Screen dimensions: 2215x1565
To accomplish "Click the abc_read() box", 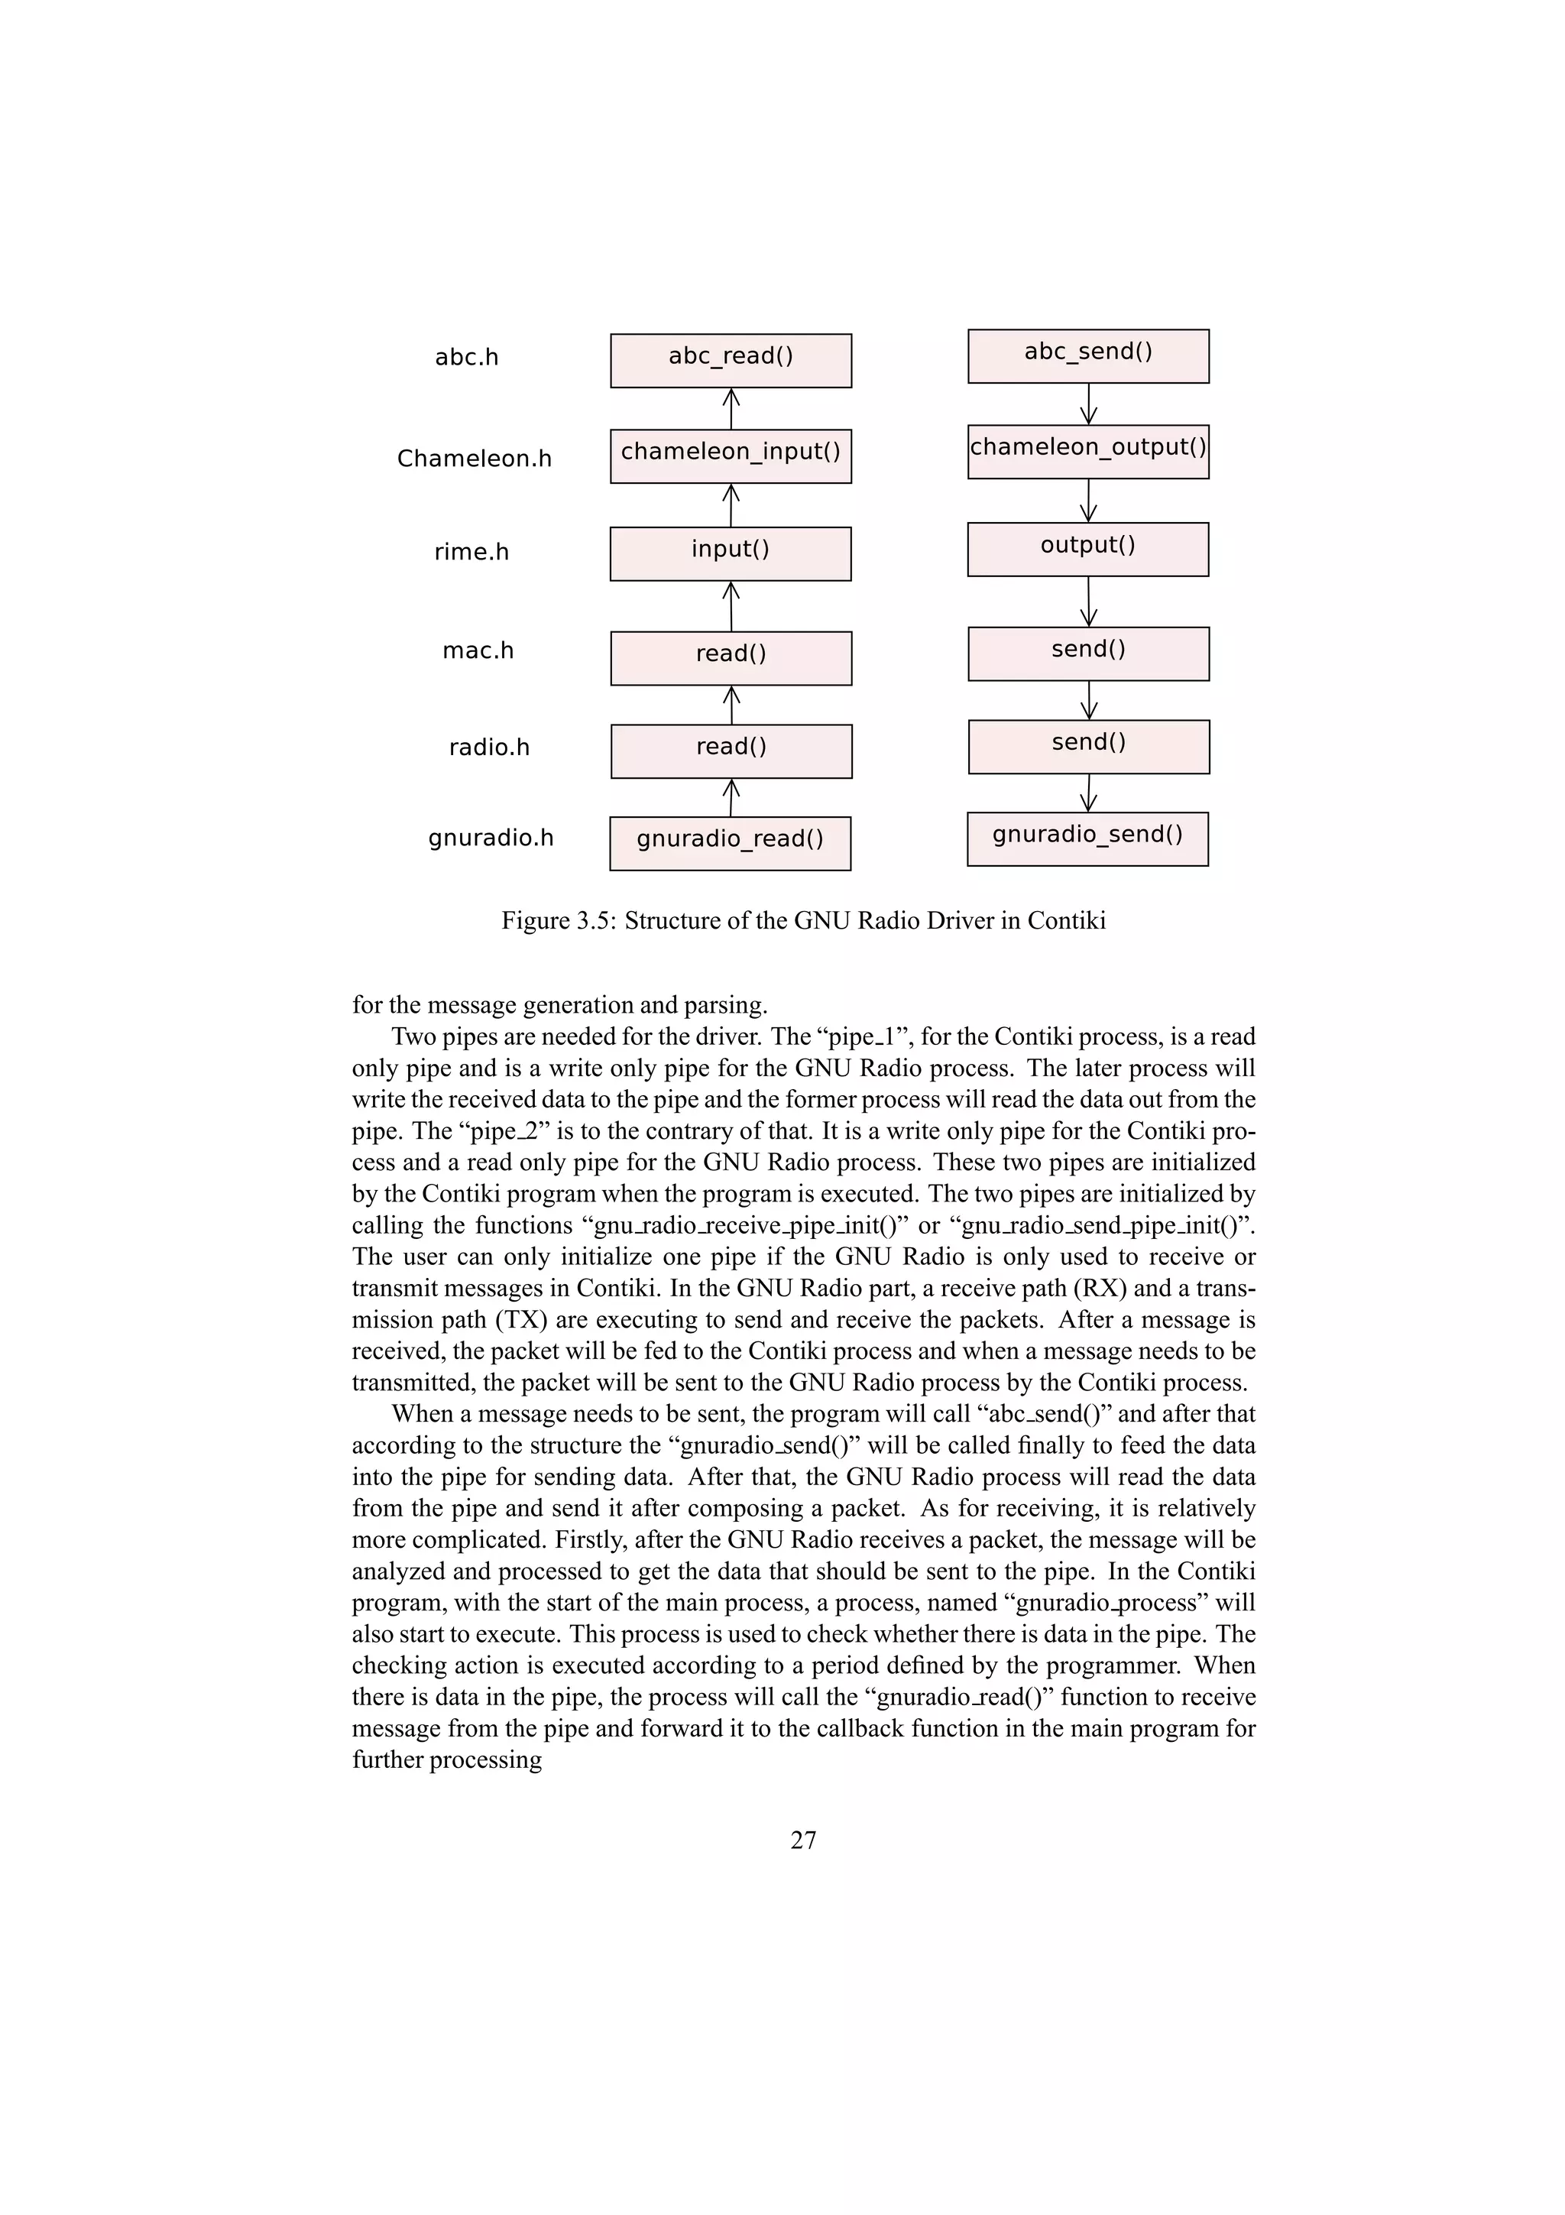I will (730, 361).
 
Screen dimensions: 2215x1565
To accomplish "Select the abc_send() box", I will (1087, 356).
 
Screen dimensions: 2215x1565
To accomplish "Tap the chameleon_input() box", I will (730, 456).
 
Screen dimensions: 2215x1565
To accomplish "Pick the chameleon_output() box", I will (1087, 452).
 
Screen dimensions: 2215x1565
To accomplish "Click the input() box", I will (730, 553).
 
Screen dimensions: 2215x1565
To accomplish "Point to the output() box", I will (1087, 549).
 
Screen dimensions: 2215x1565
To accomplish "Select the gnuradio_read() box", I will (730, 843).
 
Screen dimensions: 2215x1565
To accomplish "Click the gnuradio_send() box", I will (1087, 838).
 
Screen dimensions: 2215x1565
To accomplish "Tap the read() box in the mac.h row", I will (730, 658).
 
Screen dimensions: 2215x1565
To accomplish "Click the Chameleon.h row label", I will (475, 459).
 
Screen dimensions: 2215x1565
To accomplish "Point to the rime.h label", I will (471, 552).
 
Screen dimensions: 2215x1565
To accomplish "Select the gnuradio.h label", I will (491, 838).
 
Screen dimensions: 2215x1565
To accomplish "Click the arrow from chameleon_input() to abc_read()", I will (731, 409).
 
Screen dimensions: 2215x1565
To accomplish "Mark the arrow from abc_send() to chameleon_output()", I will (1089, 404).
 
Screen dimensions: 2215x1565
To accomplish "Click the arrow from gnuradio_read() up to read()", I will (731, 798).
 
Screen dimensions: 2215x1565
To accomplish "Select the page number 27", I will (803, 1840).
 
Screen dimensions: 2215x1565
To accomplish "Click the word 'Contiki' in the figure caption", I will (1065, 920).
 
